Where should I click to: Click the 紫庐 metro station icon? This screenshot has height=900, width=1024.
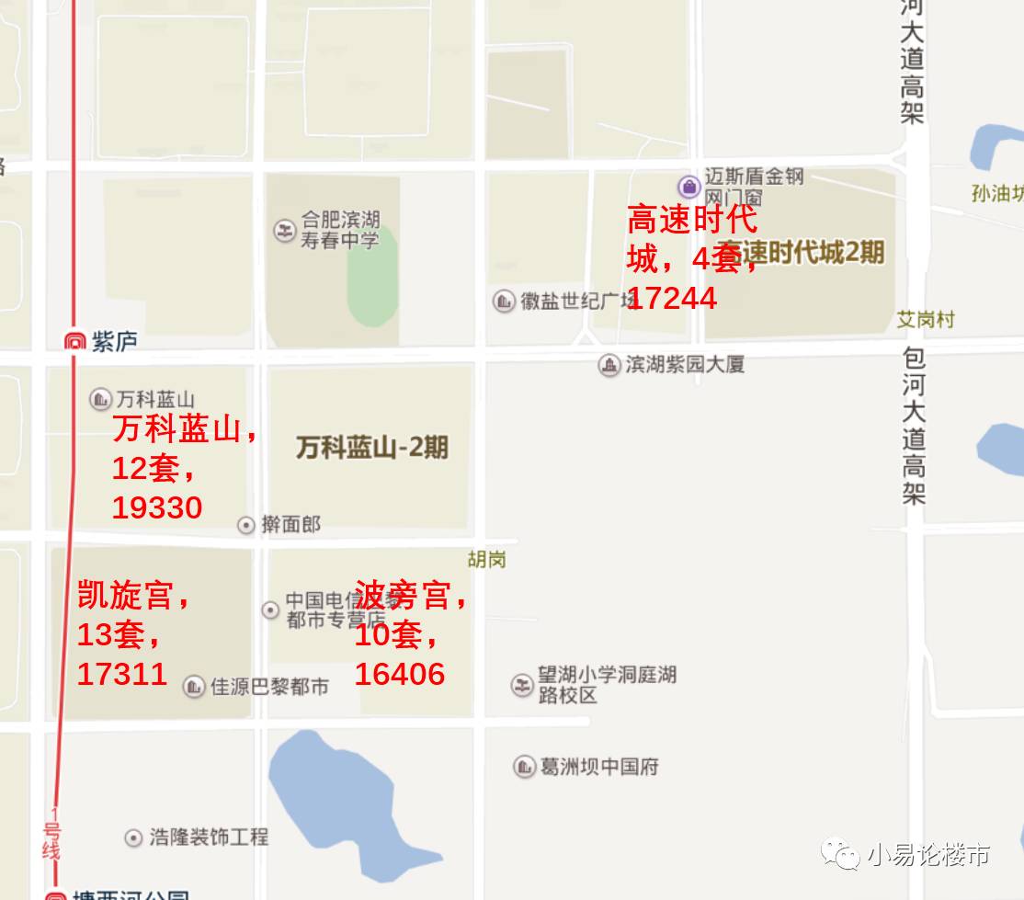pyautogui.click(x=74, y=342)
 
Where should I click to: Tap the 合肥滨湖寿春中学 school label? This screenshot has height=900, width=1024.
pyautogui.click(x=339, y=230)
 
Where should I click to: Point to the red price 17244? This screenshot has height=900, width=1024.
pyautogui.click(x=673, y=298)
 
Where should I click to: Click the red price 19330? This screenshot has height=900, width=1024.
pyautogui.click(x=157, y=507)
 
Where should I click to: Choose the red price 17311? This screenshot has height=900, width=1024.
pyautogui.click(x=122, y=674)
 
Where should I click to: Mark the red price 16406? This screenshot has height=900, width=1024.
pyautogui.click(x=400, y=674)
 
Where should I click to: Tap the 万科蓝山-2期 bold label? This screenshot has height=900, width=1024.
pyautogui.click(x=372, y=448)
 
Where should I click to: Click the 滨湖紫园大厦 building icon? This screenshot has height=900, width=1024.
pyautogui.click(x=609, y=365)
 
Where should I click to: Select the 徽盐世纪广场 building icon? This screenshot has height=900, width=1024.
pyautogui.click(x=504, y=301)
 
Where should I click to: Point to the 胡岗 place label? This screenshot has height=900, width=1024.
pyautogui.click(x=486, y=559)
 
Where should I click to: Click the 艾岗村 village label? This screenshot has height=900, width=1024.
pyautogui.click(x=926, y=319)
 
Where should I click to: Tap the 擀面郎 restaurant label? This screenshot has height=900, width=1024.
pyautogui.click(x=290, y=525)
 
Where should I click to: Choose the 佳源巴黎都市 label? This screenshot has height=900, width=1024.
pyautogui.click(x=269, y=687)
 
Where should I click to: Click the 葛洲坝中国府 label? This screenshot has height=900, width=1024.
pyautogui.click(x=598, y=767)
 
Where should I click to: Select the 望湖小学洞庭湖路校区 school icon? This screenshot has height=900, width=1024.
pyautogui.click(x=522, y=685)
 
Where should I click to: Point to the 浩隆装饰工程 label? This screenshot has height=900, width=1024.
pyautogui.click(x=209, y=837)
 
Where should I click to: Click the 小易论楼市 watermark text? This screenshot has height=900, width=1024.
pyautogui.click(x=927, y=855)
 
